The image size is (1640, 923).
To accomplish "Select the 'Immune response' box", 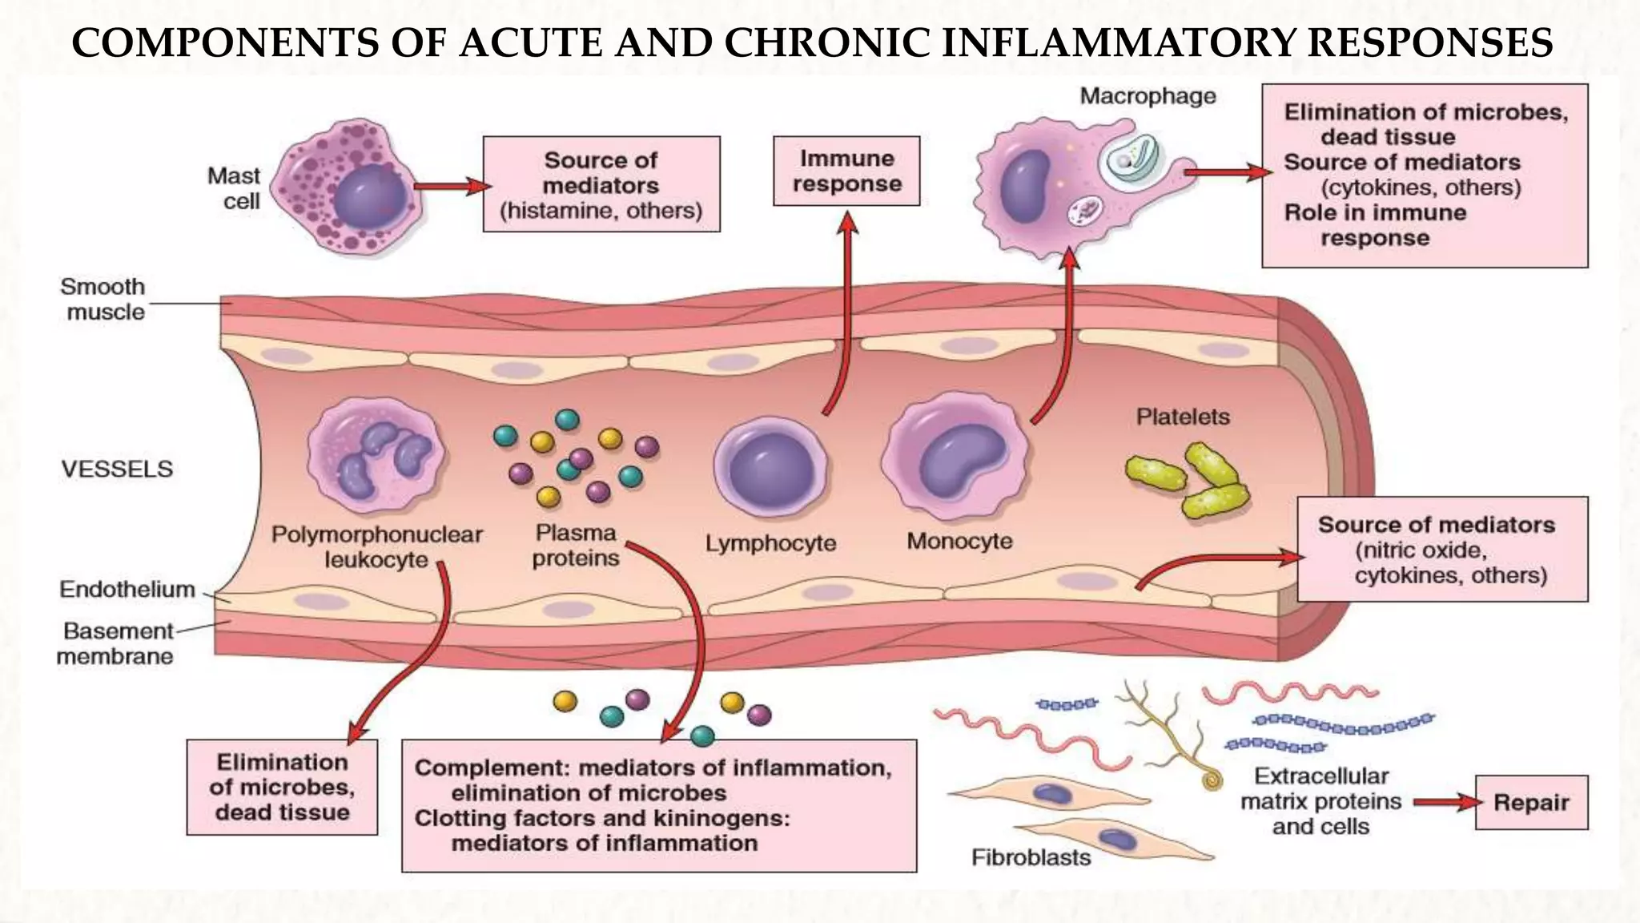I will pos(846,171).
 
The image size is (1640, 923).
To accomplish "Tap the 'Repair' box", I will pos(1530,802).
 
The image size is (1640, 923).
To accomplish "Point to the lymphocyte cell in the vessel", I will pos(771,469).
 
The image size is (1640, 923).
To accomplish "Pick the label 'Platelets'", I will pos(1183,417).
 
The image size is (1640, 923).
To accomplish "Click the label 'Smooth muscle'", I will pos(104,299).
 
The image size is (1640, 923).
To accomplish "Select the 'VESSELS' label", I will pos(117,469).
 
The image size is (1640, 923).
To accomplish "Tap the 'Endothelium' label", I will pos(127,590).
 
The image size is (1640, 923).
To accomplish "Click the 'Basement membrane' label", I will pos(116,643).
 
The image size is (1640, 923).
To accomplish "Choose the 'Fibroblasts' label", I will pos(1031,857).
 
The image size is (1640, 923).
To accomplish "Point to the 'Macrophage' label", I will pos(1148,96).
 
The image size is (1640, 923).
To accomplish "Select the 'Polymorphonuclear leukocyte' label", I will pos(376,546).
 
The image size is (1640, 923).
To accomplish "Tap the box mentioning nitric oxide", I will pos(1441,550).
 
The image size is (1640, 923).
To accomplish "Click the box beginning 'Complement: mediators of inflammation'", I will pos(658,805).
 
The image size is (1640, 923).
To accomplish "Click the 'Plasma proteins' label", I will pos(576,545).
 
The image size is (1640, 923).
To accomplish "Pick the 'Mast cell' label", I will pos(234,188).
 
